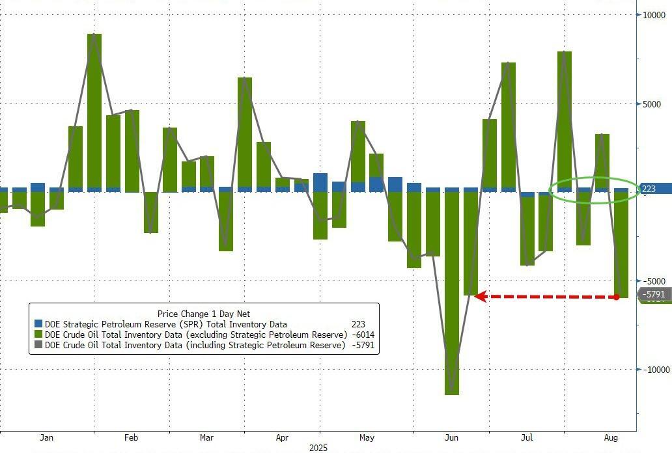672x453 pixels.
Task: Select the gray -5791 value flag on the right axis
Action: click(653, 295)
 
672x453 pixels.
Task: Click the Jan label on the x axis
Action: click(47, 437)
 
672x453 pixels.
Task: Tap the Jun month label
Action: click(451, 437)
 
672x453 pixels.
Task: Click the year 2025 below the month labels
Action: click(319, 448)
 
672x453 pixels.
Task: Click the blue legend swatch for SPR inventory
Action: click(38, 324)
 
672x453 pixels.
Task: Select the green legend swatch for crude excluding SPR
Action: click(38, 335)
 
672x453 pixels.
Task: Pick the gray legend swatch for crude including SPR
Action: click(38, 345)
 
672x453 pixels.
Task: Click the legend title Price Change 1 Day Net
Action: click(204, 314)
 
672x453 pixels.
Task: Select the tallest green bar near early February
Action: click(94, 111)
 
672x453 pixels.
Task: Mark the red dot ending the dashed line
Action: click(616, 297)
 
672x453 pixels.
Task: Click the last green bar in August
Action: click(621, 244)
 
